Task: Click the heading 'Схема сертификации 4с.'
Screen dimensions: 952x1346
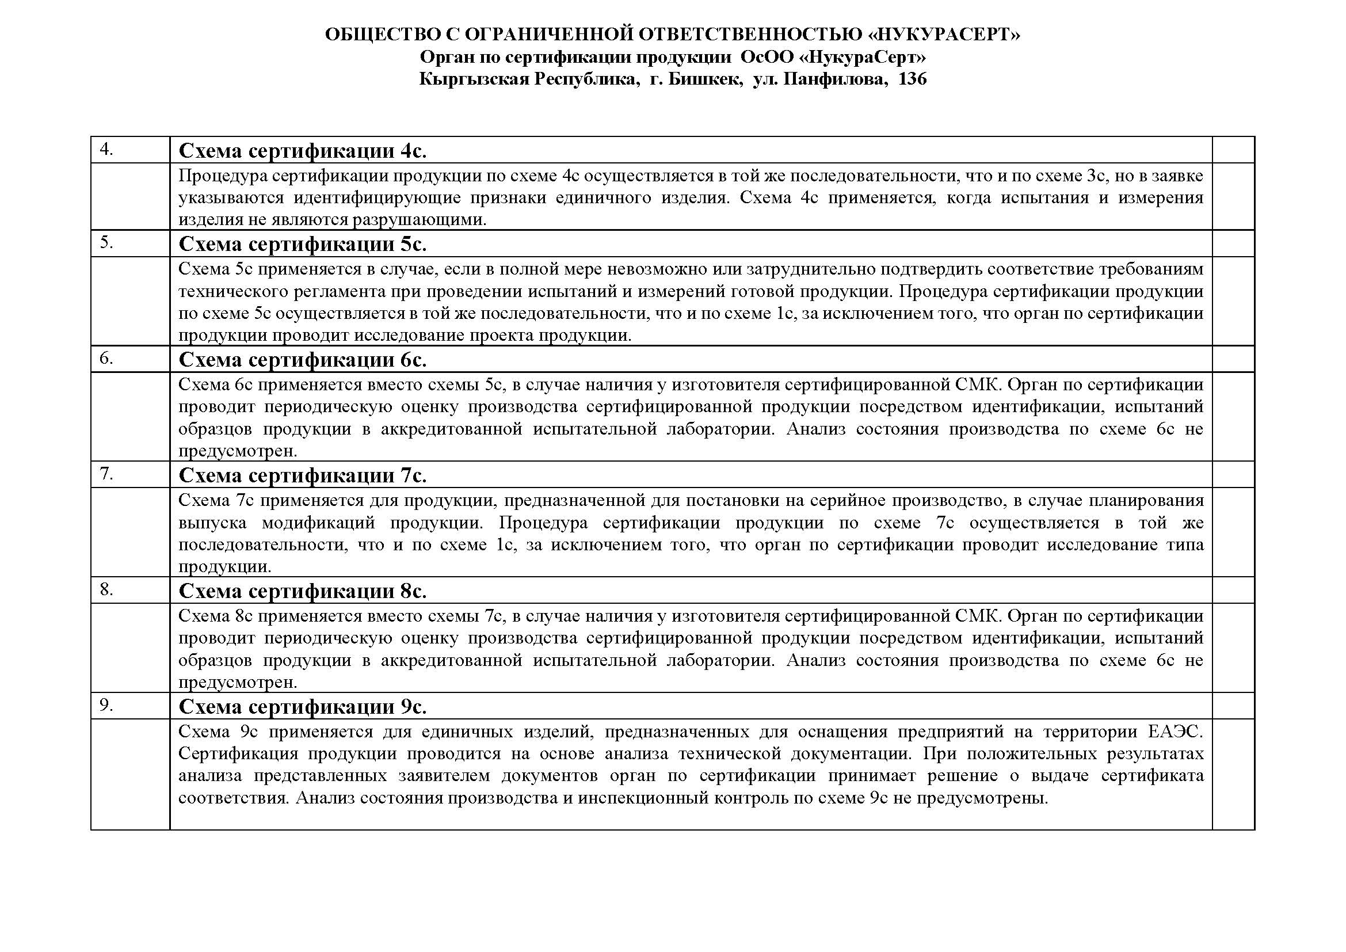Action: [x=302, y=151]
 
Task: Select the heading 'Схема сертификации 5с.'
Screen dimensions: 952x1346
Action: [x=302, y=244]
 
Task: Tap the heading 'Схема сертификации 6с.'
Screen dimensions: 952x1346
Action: [x=302, y=359]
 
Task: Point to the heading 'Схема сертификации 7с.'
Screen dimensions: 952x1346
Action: [x=302, y=475]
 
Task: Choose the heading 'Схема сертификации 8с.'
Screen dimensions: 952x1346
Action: [x=302, y=591]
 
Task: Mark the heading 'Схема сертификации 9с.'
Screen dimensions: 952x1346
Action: [x=302, y=707]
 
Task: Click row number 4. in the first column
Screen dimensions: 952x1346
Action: [x=106, y=150]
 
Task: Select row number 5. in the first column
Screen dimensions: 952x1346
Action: [x=106, y=242]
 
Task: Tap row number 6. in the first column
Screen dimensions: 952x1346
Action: [x=106, y=357]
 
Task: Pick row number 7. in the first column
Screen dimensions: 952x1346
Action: [x=106, y=474]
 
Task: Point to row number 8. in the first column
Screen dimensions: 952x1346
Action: [x=106, y=589]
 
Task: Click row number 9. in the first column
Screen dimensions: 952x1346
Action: [x=106, y=705]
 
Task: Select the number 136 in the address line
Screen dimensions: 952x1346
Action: [x=912, y=79]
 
